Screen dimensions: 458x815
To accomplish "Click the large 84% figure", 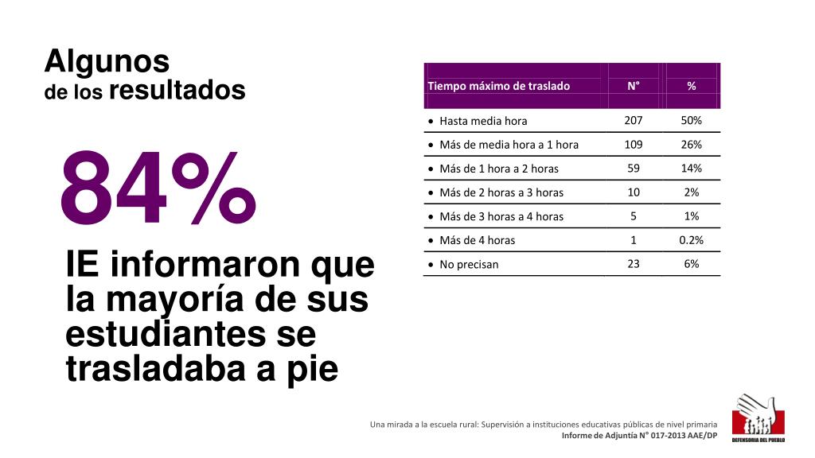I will click(x=158, y=189).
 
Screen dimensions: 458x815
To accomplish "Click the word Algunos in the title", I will click(x=107, y=60).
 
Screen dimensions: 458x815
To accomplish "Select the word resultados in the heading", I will click(x=177, y=91).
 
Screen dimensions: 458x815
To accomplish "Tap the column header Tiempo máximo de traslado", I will click(x=499, y=86).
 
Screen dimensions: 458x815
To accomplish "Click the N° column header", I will click(x=633, y=86).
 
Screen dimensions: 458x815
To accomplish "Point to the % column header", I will click(x=691, y=86).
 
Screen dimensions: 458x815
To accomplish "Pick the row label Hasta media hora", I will click(x=483, y=121).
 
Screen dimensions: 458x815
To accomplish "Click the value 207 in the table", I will click(x=634, y=120).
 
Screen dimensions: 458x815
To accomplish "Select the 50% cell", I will click(x=691, y=120).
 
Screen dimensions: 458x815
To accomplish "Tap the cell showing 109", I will click(x=634, y=144).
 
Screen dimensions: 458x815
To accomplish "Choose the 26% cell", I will click(x=691, y=144).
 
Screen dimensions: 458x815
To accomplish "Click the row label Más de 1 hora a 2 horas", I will click(x=499, y=169).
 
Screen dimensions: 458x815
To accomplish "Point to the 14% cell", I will click(x=691, y=168).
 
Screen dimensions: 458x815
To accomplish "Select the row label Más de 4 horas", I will click(x=477, y=240).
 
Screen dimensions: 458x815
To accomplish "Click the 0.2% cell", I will click(x=691, y=239).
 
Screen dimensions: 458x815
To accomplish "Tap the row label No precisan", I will click(x=469, y=264).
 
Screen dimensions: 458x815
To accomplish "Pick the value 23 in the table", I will click(x=634, y=263).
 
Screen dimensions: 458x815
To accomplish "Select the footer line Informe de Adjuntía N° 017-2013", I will click(x=639, y=436).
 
